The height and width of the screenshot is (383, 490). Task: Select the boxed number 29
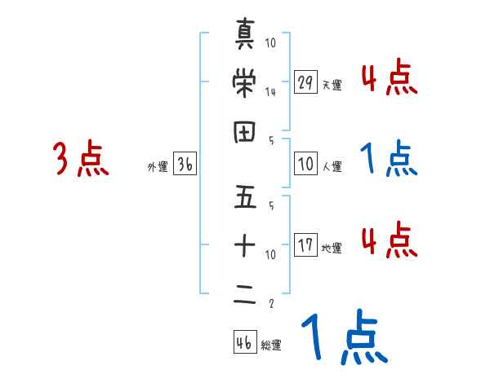click(305, 82)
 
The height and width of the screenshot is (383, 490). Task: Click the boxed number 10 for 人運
click(305, 164)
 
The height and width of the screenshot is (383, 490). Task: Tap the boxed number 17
click(305, 245)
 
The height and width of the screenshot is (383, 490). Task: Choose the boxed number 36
click(185, 165)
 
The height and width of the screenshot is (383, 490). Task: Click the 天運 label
click(332, 85)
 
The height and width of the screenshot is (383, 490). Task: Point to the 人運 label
click(332, 166)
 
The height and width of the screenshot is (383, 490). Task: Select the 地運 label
click(332, 248)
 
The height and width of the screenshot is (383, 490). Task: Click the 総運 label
click(271, 345)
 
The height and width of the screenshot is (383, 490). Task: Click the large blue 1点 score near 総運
click(341, 338)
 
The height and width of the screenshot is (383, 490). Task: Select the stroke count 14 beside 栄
click(270, 92)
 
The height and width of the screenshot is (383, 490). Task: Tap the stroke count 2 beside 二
click(270, 304)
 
